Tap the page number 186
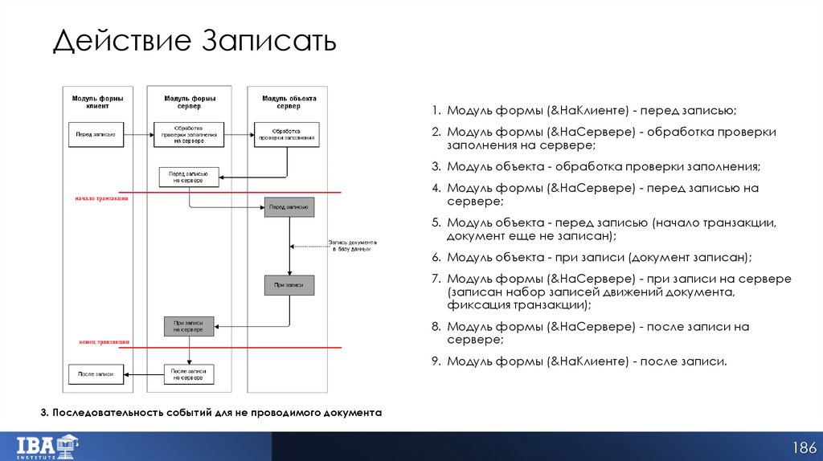click(805, 447)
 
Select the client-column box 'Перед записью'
click(95, 134)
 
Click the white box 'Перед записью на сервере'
click(189, 177)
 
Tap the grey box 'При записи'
click(289, 285)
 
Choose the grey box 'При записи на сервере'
click(189, 325)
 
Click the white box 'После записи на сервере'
click(189, 373)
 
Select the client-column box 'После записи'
click(95, 374)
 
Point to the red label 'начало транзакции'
click(102, 198)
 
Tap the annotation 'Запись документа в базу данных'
click(351, 246)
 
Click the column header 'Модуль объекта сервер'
click(289, 102)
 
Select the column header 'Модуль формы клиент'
click(95, 102)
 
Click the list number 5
click(435, 222)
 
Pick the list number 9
click(435, 361)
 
